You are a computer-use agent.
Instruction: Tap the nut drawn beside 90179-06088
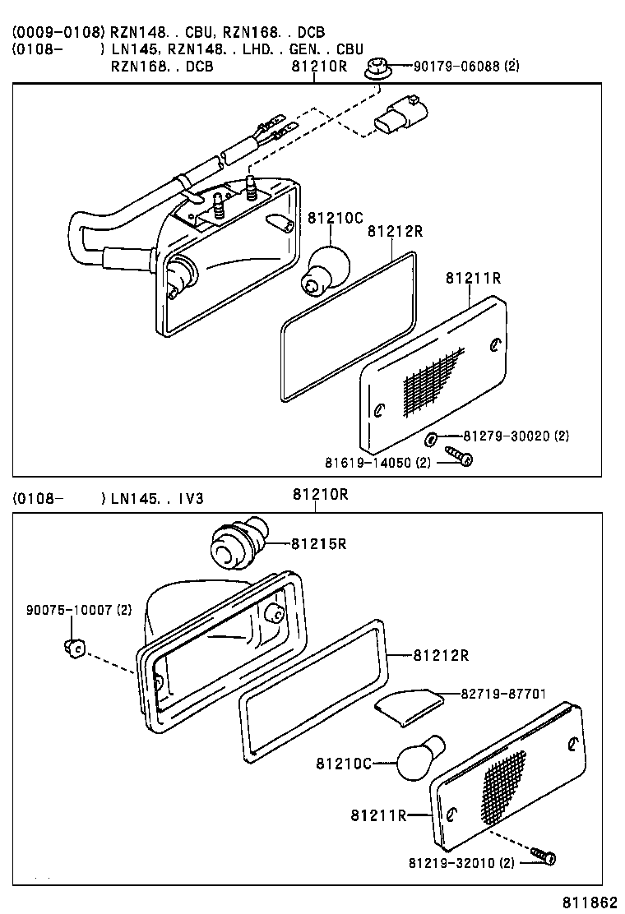coord(377,69)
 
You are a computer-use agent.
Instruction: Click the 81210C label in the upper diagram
coord(336,218)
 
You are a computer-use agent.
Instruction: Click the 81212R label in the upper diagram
coord(395,232)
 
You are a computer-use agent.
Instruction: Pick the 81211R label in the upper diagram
coord(473,278)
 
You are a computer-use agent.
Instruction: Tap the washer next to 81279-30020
coord(433,436)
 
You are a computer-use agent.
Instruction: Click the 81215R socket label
coord(317,543)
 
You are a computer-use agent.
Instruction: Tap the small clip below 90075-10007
coord(73,648)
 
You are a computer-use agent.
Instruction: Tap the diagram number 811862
coord(590,902)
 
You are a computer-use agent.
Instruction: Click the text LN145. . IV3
coord(156,498)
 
